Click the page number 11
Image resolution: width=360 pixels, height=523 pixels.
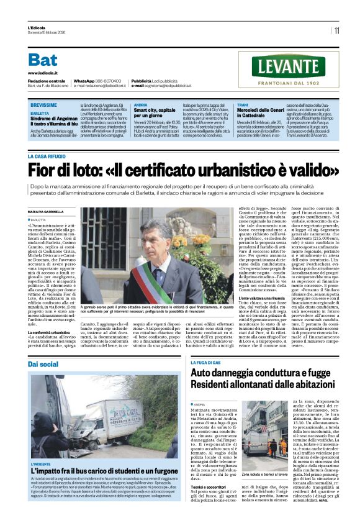tap(336, 30)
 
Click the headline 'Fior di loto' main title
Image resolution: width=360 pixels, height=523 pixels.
tap(183, 170)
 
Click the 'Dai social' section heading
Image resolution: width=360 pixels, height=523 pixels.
tap(43, 363)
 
